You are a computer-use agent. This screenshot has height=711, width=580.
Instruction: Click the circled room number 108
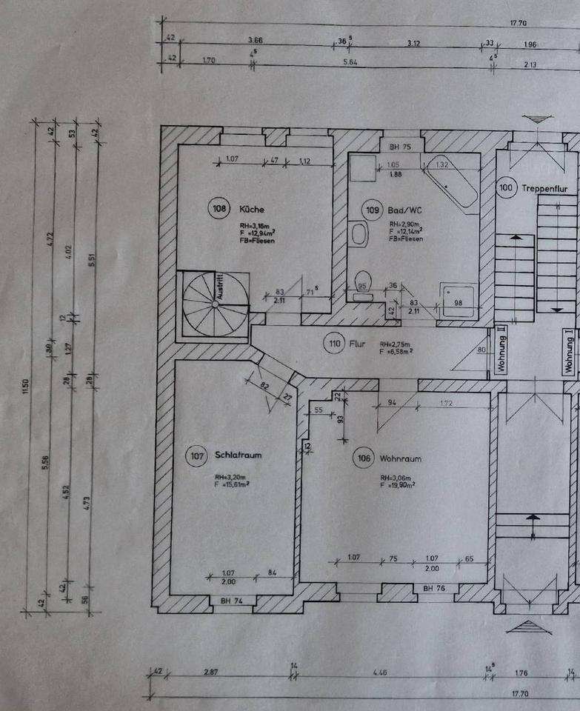tap(218, 209)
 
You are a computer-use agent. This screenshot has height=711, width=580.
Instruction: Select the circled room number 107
tap(196, 456)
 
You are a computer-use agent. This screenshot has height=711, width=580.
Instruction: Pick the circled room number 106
tap(364, 458)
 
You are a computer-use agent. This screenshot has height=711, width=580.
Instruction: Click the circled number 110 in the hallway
tap(334, 344)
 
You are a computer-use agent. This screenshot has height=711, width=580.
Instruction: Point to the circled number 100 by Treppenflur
tap(507, 189)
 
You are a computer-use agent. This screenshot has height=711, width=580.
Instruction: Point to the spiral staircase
tap(215, 304)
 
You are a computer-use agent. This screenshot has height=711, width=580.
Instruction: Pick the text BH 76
tap(434, 589)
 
